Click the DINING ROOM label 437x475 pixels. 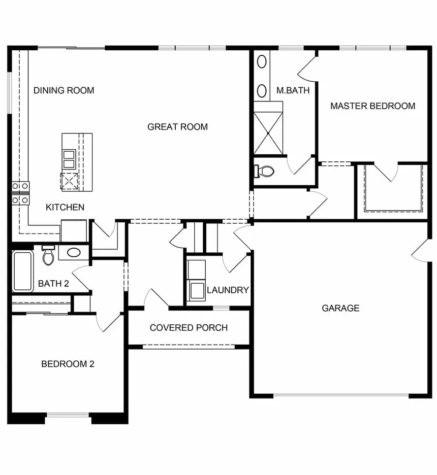coord(64,90)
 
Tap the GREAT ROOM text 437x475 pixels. coord(177,127)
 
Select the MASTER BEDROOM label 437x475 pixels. coord(372,106)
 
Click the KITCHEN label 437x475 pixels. coord(65,207)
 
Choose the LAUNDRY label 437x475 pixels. coord(228,290)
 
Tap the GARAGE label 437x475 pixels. coord(340,308)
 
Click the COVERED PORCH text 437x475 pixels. coord(189,328)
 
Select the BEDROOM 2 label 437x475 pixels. coord(68,364)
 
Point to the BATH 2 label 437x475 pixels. coord(53,284)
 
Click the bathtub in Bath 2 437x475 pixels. coord(23,271)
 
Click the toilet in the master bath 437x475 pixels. coord(264,171)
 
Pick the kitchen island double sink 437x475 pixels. coord(69,159)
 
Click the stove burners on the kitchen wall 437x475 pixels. coord(21,193)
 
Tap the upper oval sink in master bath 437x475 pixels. coord(262,62)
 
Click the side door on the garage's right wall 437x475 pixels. coord(420,251)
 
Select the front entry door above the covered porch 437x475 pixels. coord(157,299)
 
